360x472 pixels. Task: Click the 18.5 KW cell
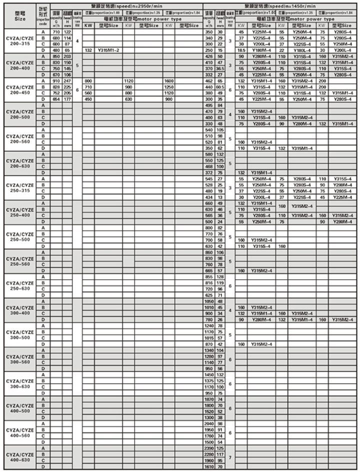tap(241, 50)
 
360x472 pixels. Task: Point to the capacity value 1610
tap(209, 467)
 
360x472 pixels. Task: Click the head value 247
tap(67, 81)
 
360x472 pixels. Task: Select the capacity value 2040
tap(209, 424)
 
